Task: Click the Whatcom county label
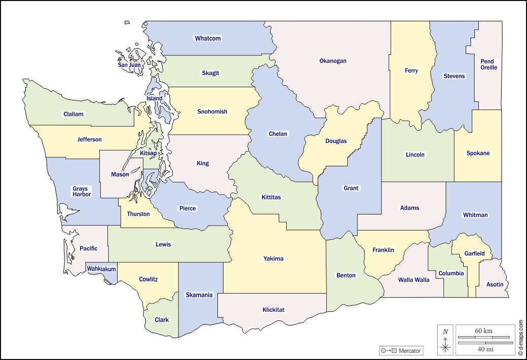208,39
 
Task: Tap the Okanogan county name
333,61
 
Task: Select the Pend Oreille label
488,64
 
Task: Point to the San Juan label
129,65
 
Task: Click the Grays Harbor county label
81,191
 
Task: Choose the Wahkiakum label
101,269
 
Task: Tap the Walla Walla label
413,280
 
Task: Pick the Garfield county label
475,254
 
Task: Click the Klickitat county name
273,309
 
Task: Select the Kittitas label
271,197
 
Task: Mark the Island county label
155,98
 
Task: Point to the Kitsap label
148,153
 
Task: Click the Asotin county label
495,284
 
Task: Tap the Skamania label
199,295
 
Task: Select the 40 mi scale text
483,349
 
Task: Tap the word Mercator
409,351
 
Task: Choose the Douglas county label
336,141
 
